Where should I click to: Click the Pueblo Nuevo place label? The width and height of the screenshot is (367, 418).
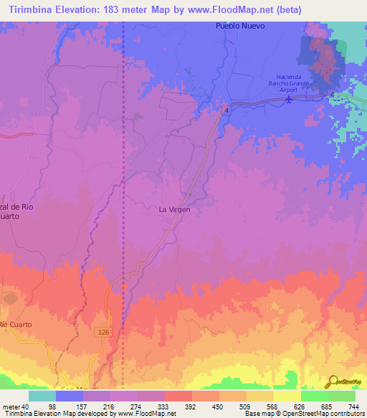[x=240, y=26]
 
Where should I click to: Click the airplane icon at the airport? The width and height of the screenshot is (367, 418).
[x=289, y=98]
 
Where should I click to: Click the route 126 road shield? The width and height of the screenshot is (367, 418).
[x=103, y=331]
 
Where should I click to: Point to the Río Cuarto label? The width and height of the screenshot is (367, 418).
[x=16, y=325]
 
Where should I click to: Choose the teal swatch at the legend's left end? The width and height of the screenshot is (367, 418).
[x=42, y=396]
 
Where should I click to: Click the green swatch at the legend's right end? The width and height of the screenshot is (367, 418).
[x=342, y=396]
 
